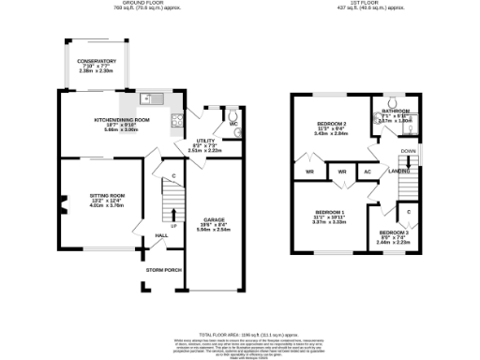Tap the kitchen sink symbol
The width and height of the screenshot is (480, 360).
(x=150, y=98)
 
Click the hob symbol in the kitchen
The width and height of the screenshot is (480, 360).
(x=174, y=120)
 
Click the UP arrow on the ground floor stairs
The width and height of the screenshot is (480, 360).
(x=172, y=217)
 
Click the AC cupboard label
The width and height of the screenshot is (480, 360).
(x=368, y=172)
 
